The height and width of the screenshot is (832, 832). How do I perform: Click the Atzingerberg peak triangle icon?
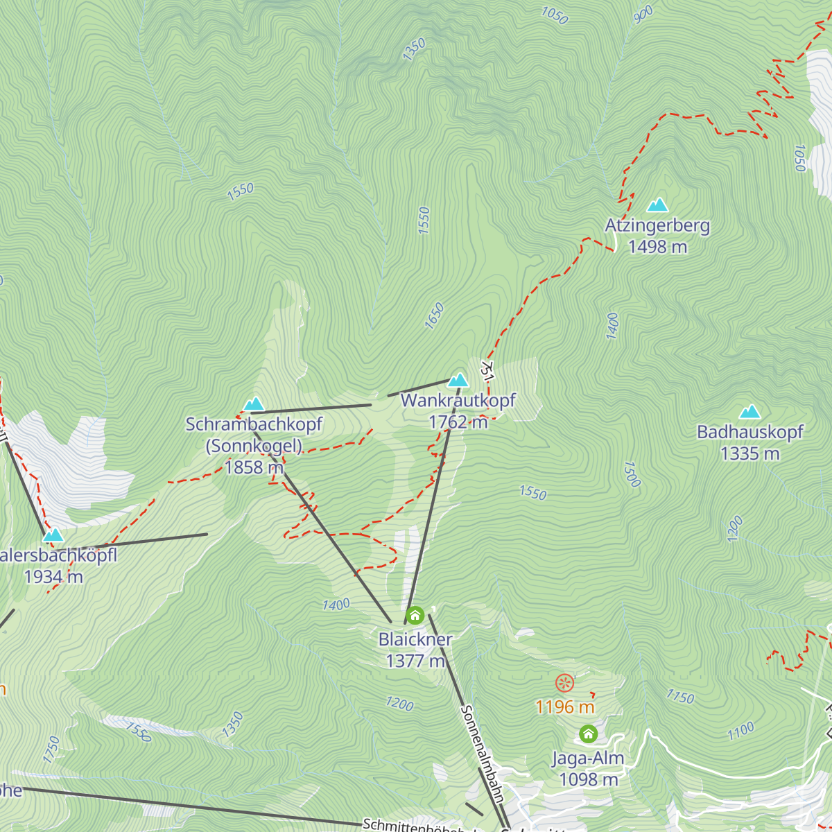point(657,205)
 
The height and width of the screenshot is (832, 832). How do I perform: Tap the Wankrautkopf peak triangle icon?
point(458,380)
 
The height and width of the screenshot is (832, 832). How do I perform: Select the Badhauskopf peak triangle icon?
point(749,412)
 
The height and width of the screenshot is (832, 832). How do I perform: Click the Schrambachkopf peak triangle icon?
point(254,404)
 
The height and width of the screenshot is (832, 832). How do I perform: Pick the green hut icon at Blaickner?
point(415,615)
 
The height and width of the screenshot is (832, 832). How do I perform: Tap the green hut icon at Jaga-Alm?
point(588,734)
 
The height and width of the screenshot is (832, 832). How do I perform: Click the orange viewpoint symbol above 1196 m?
point(565,683)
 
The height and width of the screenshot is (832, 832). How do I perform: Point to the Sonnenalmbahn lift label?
point(481,753)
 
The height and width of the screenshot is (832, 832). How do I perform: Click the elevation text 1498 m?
point(657,246)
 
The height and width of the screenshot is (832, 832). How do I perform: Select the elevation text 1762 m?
point(458,422)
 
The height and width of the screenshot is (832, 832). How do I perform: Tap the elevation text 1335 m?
point(749,453)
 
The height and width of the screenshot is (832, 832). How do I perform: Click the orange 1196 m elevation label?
point(565,707)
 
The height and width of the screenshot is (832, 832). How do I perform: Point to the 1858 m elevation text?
point(254,467)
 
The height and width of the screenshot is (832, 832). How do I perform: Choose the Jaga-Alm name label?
point(588,759)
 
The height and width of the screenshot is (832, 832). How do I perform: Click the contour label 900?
point(643,14)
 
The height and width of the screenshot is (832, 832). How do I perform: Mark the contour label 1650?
point(434,315)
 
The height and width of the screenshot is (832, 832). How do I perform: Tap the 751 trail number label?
point(488,369)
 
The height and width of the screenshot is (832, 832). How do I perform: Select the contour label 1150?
point(679,697)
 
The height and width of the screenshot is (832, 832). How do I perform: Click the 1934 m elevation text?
point(53,576)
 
